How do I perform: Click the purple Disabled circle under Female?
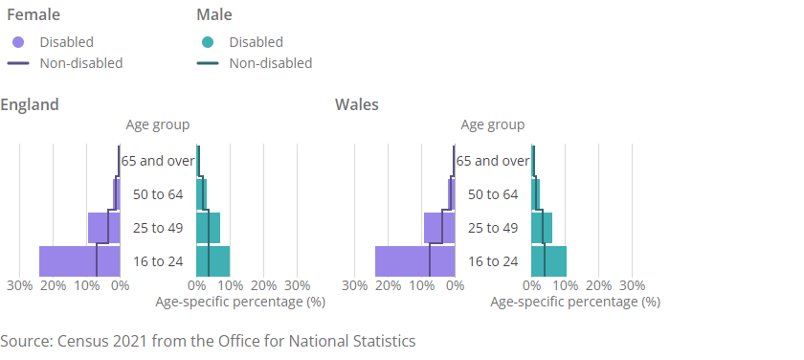click(x=18, y=42)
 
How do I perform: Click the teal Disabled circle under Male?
click(x=209, y=42)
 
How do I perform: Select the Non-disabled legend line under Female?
click(x=18, y=64)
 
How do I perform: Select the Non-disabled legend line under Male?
click(x=209, y=64)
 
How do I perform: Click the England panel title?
click(x=30, y=104)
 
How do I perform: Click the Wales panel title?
click(x=357, y=104)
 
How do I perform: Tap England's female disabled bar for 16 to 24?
click(x=79, y=261)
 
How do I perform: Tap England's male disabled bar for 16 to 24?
click(x=213, y=261)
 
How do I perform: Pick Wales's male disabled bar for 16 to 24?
click(x=549, y=261)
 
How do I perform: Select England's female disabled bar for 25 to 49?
click(x=103, y=228)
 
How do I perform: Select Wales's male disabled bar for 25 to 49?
click(x=542, y=228)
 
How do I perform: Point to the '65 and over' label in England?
click(x=158, y=161)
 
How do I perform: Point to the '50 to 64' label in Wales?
click(x=493, y=194)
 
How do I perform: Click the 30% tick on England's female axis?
click(x=19, y=285)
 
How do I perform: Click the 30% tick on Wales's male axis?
click(x=632, y=285)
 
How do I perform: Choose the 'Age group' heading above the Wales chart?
click(x=493, y=124)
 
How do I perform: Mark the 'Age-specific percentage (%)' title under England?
click(x=239, y=302)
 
